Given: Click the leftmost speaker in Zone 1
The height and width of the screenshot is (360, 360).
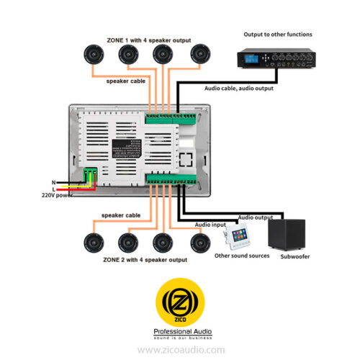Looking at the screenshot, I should [x=94, y=54].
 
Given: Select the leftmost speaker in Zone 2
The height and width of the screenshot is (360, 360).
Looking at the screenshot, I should [x=94, y=243].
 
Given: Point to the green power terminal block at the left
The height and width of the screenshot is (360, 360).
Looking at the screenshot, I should [x=90, y=177].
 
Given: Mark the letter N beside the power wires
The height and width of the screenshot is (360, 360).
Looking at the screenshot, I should [x=53, y=182].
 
